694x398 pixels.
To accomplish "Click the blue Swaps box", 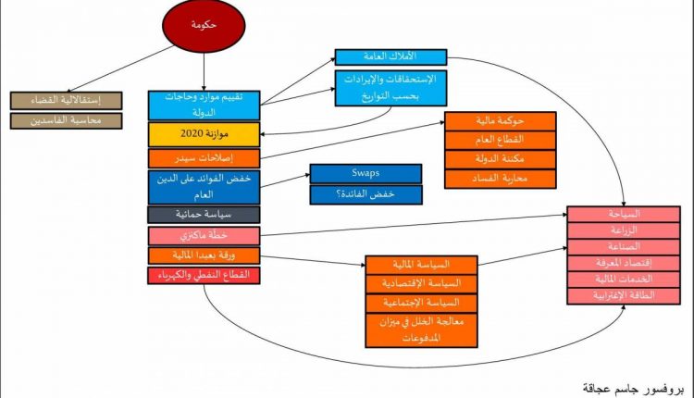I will tap(366, 173).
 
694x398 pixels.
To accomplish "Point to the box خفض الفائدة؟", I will tap(366, 194).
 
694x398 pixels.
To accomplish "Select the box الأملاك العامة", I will tap(390, 57).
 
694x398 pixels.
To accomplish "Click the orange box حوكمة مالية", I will tap(501, 120).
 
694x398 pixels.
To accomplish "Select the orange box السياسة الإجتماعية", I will tap(422, 303).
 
